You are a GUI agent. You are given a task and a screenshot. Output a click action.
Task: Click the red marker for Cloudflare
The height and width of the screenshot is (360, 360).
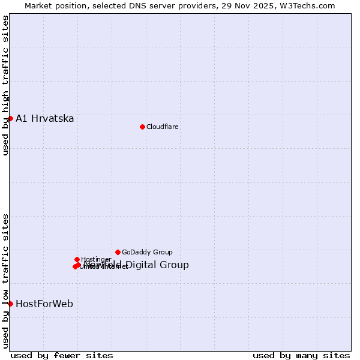tap(142, 127)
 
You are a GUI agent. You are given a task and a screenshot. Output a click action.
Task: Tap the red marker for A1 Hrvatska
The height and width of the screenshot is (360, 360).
tap(10, 118)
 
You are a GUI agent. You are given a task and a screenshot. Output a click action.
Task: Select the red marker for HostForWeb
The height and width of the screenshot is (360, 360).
tap(10, 304)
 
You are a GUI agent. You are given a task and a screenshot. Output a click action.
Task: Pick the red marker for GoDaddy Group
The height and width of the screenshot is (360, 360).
tap(118, 252)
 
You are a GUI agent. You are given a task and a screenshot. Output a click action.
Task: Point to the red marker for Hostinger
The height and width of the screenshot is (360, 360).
tap(77, 259)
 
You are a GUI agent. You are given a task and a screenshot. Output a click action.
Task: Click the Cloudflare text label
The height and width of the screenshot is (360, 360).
tap(163, 127)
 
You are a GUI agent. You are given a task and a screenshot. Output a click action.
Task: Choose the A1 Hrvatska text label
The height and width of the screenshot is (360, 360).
tap(45, 118)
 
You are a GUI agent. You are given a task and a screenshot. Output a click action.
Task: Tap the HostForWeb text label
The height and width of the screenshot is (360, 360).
tap(44, 304)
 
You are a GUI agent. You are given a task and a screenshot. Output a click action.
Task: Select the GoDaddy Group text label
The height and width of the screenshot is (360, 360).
tap(147, 252)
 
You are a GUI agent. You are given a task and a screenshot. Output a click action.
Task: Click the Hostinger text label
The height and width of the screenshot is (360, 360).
tap(96, 259)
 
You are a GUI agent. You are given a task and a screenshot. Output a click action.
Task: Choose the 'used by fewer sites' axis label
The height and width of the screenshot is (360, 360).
tap(62, 355)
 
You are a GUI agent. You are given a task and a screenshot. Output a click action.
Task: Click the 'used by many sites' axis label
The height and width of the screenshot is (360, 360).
tap(301, 355)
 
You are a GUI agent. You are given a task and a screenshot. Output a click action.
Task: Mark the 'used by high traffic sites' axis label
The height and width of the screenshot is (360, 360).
tap(5, 85)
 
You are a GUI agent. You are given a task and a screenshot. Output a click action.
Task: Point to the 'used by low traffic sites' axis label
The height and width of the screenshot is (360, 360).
tap(5, 280)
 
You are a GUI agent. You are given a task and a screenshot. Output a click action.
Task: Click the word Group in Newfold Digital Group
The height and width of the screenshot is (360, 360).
tap(175, 265)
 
